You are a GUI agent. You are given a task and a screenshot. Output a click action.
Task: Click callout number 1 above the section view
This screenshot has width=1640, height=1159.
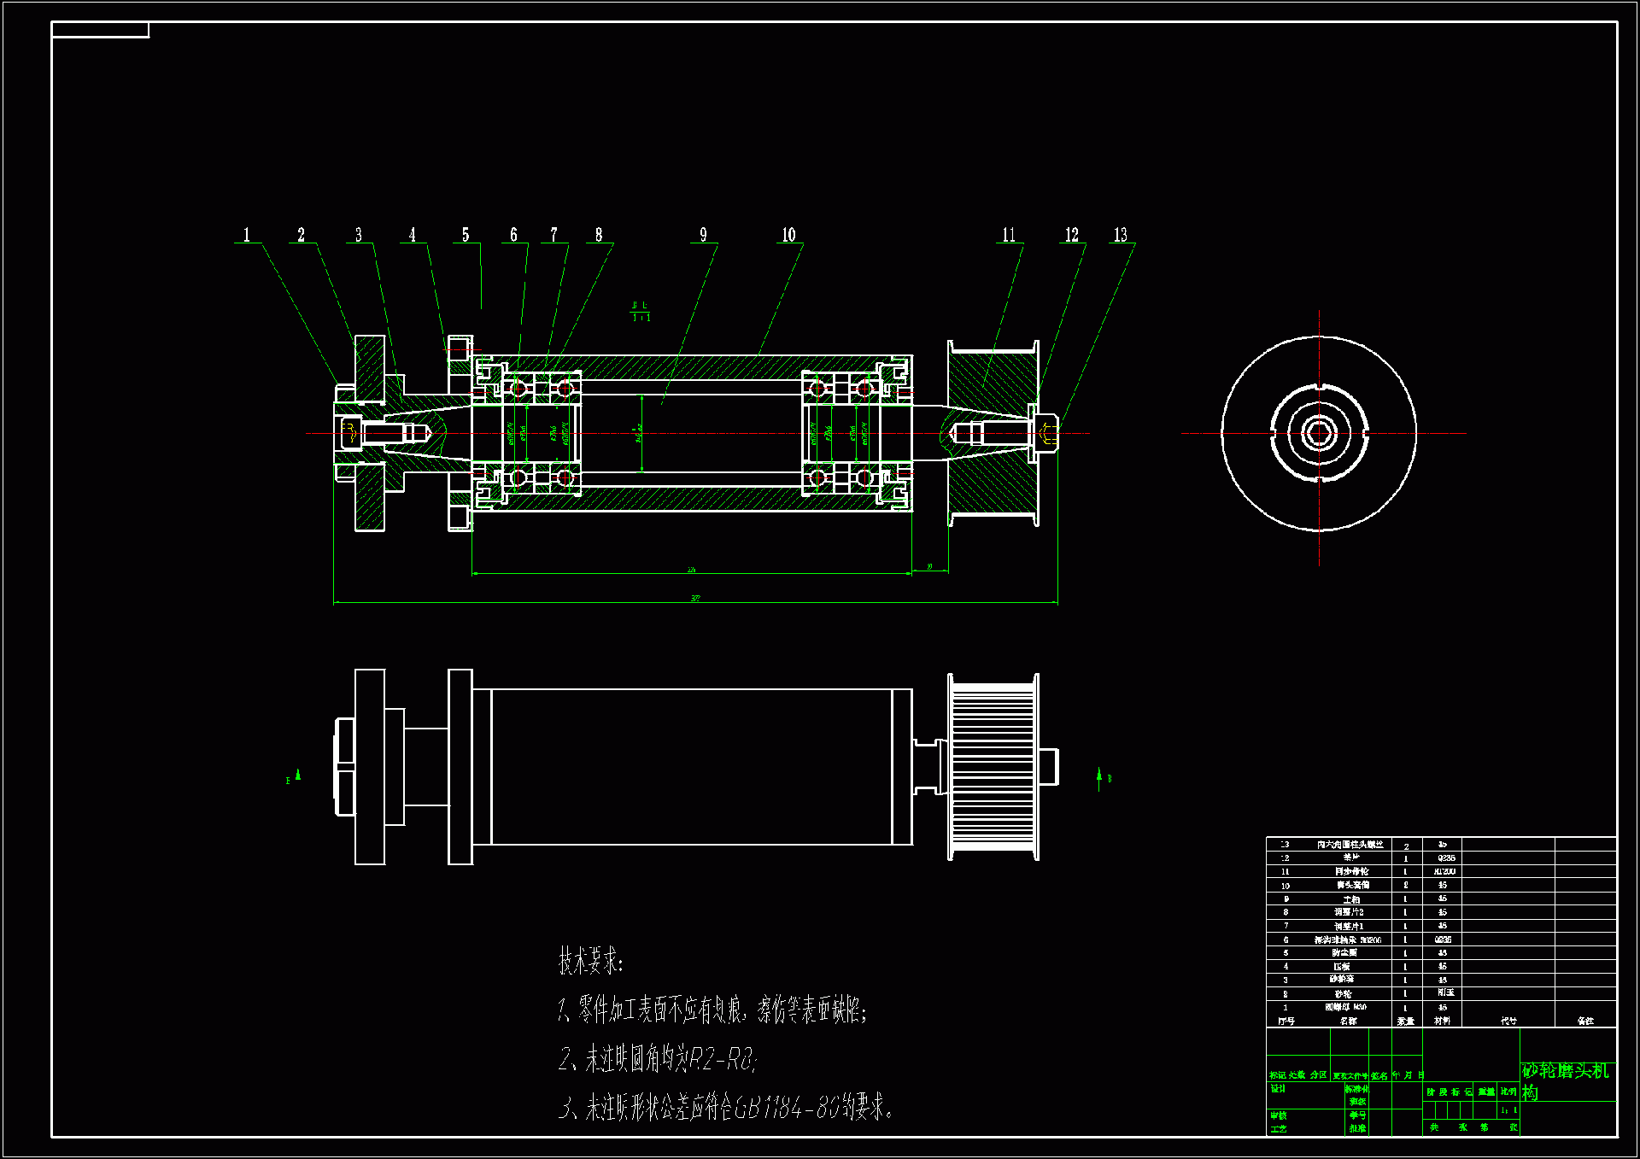tap(247, 235)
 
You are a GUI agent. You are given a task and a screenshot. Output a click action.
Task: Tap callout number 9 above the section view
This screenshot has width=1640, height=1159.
tap(703, 235)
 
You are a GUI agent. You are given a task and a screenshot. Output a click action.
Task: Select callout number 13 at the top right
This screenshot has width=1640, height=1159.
tap(1120, 235)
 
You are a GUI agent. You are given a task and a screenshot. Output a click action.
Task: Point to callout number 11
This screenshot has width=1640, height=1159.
tap(1009, 235)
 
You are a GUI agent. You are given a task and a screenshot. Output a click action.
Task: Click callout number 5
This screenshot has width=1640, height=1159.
tap(466, 235)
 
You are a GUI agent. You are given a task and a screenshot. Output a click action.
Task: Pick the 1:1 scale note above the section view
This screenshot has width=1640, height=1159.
tap(641, 318)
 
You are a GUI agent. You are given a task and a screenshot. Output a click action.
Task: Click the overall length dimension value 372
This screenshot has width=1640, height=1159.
tap(695, 599)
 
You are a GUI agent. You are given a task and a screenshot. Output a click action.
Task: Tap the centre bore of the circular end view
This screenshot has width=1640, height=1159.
tap(1319, 433)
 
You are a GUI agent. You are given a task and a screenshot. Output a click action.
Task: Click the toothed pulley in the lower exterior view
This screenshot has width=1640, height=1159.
tap(993, 766)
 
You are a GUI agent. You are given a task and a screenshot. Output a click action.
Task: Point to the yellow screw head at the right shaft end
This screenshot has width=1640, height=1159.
tap(1049, 434)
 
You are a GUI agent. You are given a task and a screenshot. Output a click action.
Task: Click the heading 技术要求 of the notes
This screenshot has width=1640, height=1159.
tap(590, 961)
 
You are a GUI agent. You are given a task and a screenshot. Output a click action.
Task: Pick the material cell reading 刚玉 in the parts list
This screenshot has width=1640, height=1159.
tap(1445, 992)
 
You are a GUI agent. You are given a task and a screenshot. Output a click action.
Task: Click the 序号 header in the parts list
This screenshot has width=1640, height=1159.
tap(1286, 1021)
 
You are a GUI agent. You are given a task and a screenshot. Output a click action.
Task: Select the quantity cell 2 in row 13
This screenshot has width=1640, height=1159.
tap(1406, 846)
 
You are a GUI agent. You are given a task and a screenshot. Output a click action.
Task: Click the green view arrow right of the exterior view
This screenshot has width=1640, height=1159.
tap(1099, 778)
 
